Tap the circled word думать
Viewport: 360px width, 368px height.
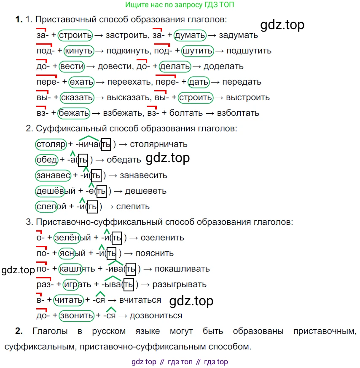[190, 35]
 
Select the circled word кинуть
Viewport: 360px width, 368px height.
[79, 51]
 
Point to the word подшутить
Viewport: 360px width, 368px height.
[249, 51]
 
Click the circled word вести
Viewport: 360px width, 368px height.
[72, 67]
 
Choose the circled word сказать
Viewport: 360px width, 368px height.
[77, 98]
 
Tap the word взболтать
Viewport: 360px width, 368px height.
[238, 113]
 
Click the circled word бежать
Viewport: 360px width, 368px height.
[74, 113]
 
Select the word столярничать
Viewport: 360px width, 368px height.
[159, 144]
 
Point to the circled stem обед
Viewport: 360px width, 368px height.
[47, 160]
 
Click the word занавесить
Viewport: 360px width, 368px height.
[144, 176]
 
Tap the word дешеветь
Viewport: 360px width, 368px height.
[146, 191]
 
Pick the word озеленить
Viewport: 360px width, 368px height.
[162, 238]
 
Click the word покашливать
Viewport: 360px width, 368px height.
[182, 269]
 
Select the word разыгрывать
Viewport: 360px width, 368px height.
[180, 285]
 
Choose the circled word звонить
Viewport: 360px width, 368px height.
[77, 316]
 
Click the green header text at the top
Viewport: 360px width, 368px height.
[180, 5]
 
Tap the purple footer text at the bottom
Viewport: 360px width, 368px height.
[180, 362]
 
